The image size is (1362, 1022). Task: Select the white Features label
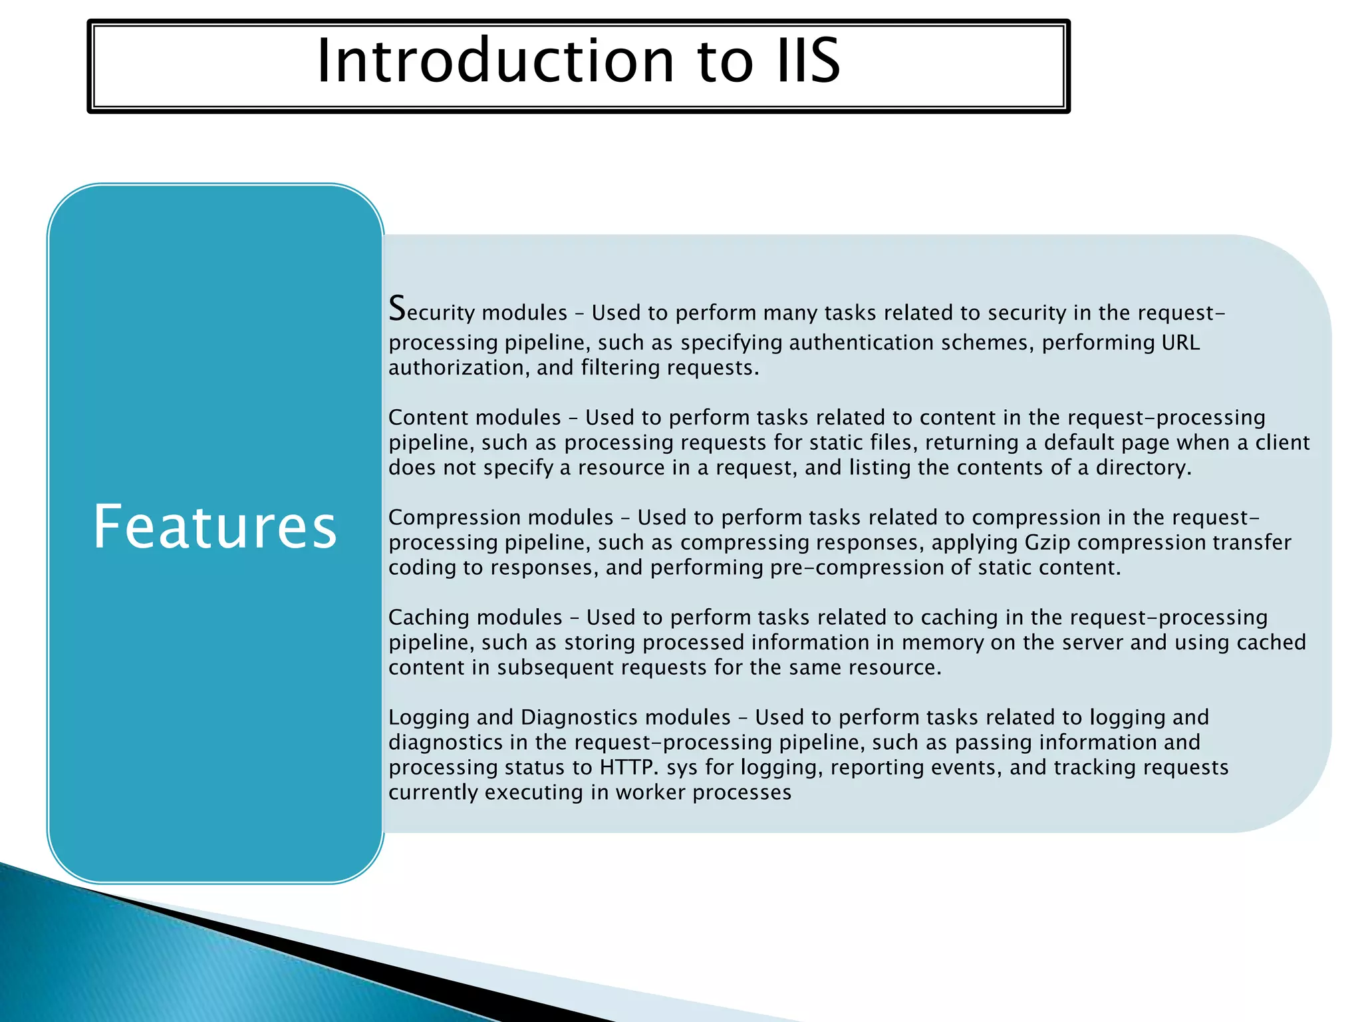coord(215,527)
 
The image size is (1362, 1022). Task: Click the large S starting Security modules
coord(397,309)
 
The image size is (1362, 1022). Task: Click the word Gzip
coord(1047,543)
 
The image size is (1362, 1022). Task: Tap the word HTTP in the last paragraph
coord(626,767)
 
